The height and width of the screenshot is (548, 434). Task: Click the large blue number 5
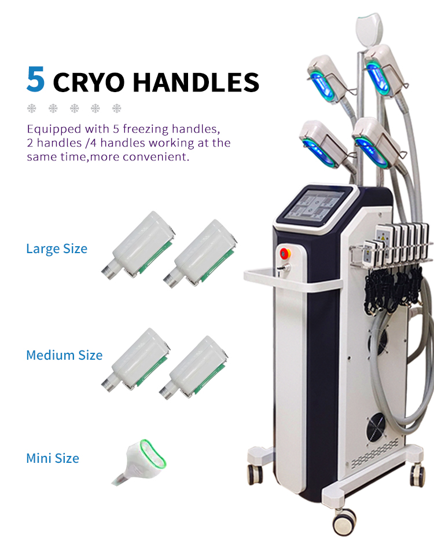36,79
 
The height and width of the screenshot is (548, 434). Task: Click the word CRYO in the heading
89,82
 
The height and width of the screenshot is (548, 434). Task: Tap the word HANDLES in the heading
196,82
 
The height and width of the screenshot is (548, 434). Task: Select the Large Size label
57,249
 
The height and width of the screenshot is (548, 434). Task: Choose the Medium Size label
65,355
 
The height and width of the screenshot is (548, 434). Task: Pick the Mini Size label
53,458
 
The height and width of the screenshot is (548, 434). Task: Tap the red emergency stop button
285,253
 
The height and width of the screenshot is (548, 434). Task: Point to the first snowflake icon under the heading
32,109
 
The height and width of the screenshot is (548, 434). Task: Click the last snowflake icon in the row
117,109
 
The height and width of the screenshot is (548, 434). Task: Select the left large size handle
138,246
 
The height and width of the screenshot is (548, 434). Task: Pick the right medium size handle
194,368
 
